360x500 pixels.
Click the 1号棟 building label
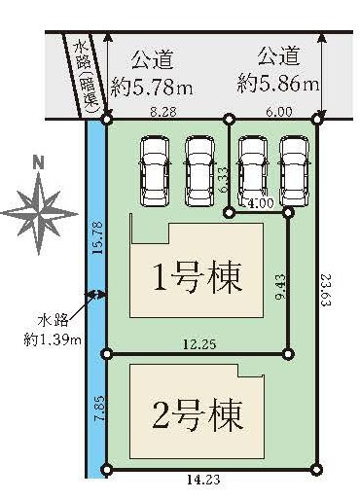pos(198,277)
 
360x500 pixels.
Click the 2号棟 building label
pos(198,414)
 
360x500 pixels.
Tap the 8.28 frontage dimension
pos(163,112)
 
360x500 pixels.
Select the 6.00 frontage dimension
pos(279,112)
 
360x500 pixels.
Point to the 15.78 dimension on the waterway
pos(98,237)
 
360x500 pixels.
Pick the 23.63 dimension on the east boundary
pos(327,290)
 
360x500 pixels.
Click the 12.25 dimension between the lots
pos(199,344)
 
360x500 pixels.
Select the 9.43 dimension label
pos(280,287)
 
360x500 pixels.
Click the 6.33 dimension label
pos(224,179)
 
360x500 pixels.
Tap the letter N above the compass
pos(39,164)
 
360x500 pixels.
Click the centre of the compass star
pos(39,214)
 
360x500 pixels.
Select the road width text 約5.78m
pos(152,87)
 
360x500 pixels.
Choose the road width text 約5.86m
pos(278,83)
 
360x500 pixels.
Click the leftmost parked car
pos(155,171)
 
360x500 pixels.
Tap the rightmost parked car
pos(295,171)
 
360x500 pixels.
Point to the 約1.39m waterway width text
pos(53,340)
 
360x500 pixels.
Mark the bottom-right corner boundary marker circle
pos(316,470)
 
